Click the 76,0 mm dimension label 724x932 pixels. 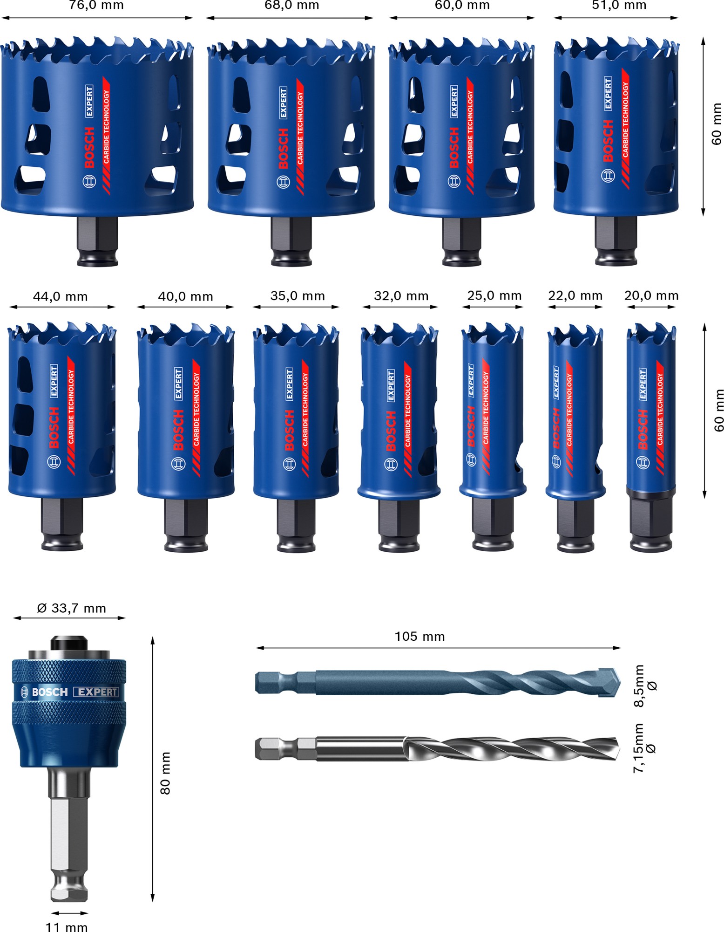(96, 6)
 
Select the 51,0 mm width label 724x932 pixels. (619, 6)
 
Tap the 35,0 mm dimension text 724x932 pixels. (298, 296)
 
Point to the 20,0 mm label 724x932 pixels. (651, 295)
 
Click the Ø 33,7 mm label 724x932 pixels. (71, 608)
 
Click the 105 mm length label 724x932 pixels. (420, 637)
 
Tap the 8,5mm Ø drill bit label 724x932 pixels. (645, 685)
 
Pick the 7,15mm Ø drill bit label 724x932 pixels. (644, 748)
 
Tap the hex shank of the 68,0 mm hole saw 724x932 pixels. (291, 238)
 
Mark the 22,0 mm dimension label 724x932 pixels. (575, 295)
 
